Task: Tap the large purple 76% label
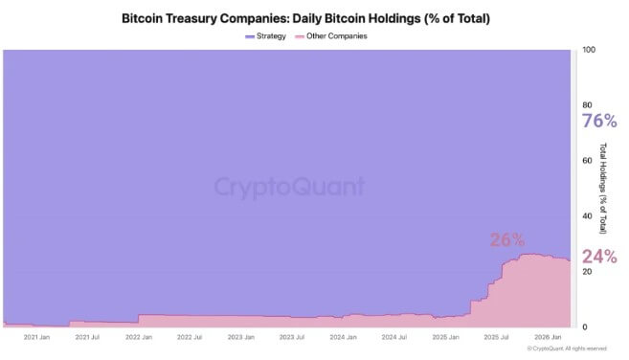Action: click(600, 121)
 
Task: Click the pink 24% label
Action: click(600, 256)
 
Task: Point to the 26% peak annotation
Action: click(507, 240)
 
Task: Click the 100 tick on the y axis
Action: click(590, 49)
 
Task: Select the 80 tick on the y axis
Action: click(588, 104)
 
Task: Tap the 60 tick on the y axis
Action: click(588, 160)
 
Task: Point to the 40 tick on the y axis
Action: click(588, 215)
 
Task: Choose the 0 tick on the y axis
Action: click(585, 326)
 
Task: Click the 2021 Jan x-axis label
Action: click(35, 338)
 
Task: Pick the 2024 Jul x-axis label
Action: click(393, 338)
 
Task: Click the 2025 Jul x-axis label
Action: click(496, 338)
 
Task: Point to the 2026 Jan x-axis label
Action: click(548, 338)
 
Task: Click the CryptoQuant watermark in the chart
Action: click(288, 186)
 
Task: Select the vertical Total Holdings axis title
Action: click(604, 188)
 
